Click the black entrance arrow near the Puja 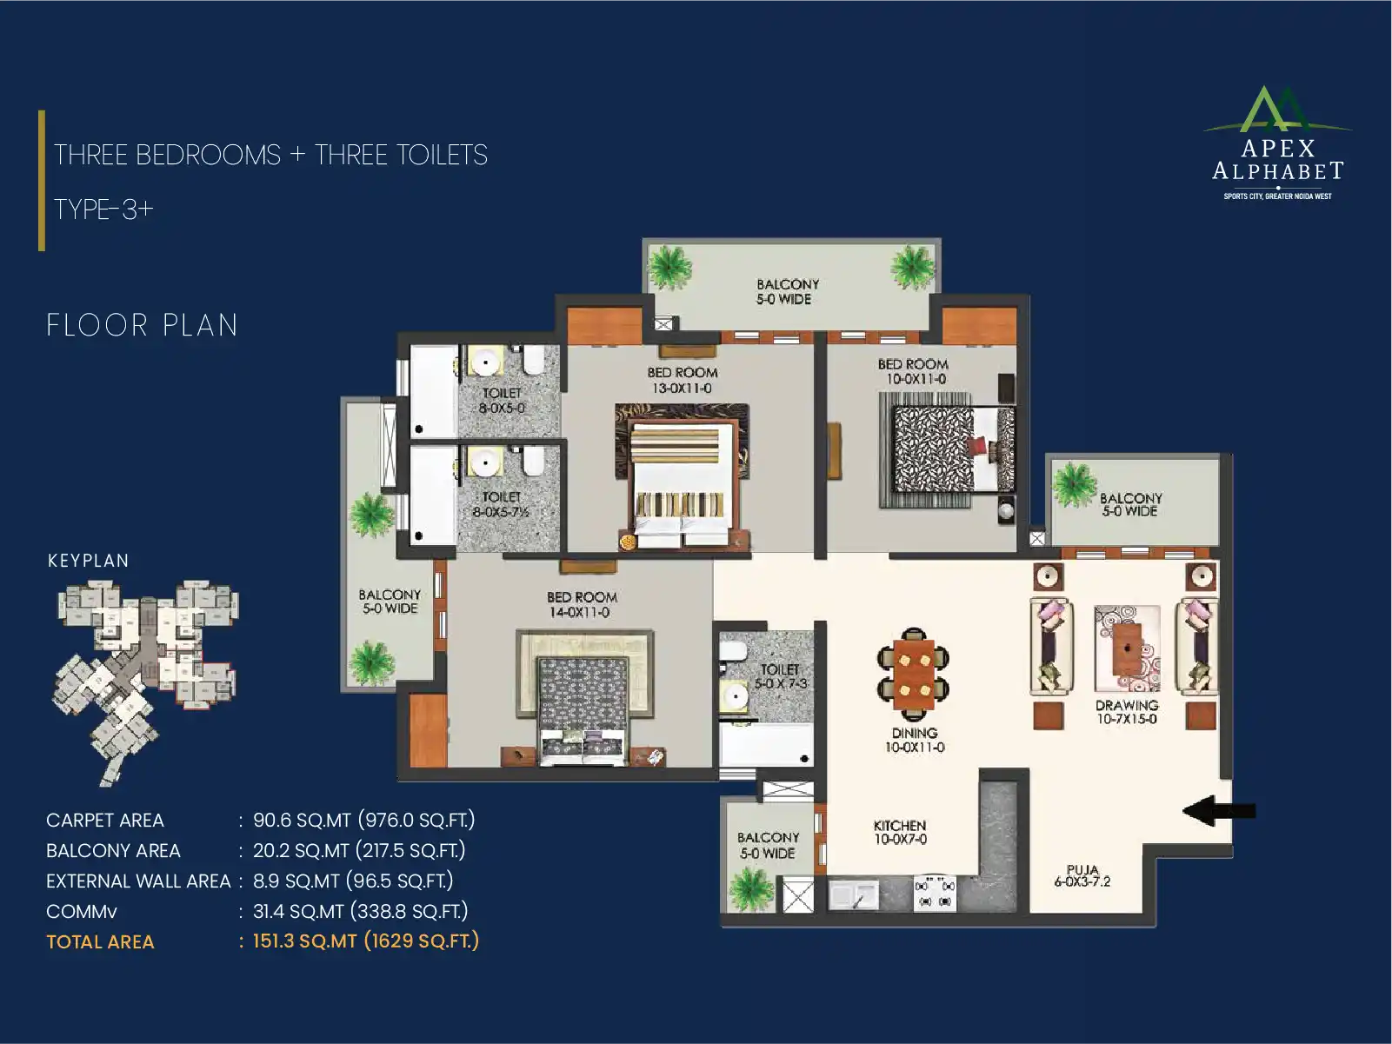pyautogui.click(x=1219, y=811)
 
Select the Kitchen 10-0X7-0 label pyautogui.click(x=900, y=832)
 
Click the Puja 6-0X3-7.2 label pyautogui.click(x=1082, y=875)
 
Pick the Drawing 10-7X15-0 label pyautogui.click(x=1127, y=712)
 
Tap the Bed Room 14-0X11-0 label pyautogui.click(x=581, y=605)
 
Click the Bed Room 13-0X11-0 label pyautogui.click(x=683, y=381)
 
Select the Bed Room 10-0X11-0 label pyautogui.click(x=913, y=371)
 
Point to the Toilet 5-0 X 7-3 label pyautogui.click(x=781, y=676)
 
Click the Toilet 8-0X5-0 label pyautogui.click(x=502, y=401)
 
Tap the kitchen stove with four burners pyautogui.click(x=935, y=893)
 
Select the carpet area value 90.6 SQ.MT pyautogui.click(x=302, y=820)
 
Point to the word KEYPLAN pyautogui.click(x=88, y=561)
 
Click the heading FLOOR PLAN pyautogui.click(x=142, y=325)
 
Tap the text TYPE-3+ pyautogui.click(x=103, y=209)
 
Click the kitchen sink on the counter pyautogui.click(x=854, y=894)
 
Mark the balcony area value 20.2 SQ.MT pyautogui.click(x=301, y=850)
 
